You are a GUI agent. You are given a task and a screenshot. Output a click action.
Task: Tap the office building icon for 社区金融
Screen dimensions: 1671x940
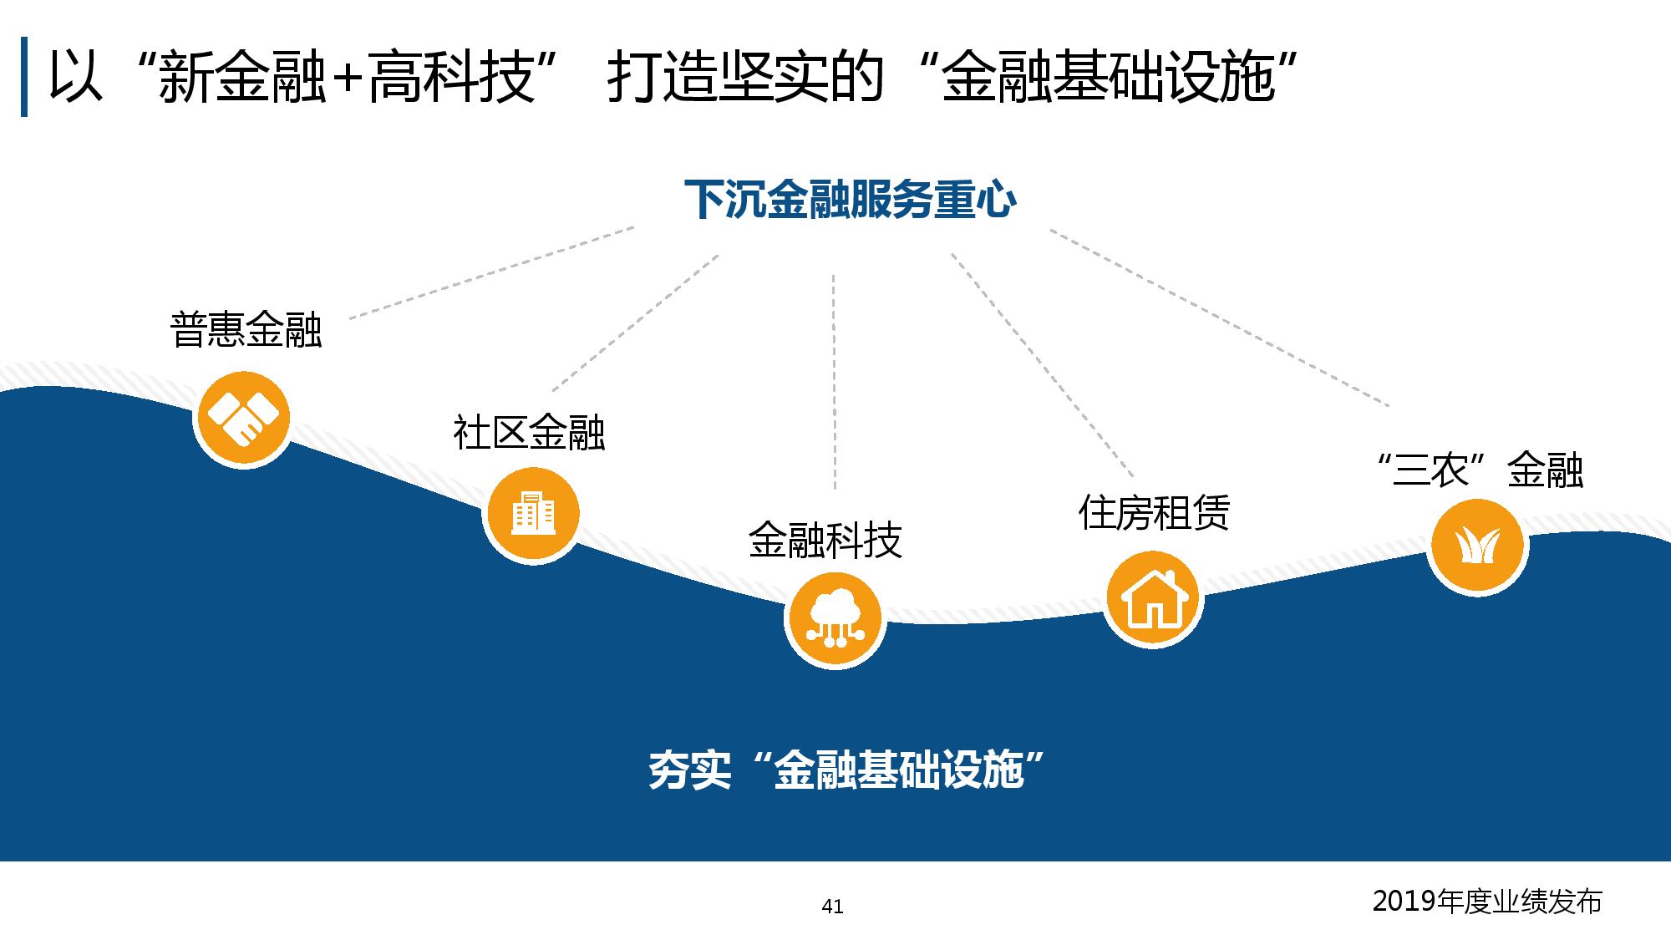(x=532, y=513)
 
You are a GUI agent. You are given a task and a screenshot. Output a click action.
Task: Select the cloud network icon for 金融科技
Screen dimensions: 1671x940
(x=835, y=619)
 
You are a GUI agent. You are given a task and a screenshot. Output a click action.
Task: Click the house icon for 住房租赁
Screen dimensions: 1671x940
(x=1153, y=598)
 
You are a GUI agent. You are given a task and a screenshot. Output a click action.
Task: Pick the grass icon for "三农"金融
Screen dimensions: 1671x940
(x=1477, y=546)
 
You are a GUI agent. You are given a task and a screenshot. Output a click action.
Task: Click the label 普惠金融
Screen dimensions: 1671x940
(x=246, y=329)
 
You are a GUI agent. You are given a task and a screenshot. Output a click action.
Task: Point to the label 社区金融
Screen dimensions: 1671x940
(x=529, y=433)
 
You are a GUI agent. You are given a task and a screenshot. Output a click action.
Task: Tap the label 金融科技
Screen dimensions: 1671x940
(x=825, y=541)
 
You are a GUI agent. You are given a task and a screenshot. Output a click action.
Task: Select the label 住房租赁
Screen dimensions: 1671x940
(x=1154, y=512)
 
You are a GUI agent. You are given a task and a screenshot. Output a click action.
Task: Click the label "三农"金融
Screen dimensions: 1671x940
(x=1479, y=470)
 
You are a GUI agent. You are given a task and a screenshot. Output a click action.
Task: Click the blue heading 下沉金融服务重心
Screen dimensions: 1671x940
(x=850, y=199)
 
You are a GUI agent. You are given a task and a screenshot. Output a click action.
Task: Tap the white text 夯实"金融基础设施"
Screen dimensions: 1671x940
(x=848, y=770)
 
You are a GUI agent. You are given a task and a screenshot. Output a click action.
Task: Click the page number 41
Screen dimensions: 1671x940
(x=833, y=906)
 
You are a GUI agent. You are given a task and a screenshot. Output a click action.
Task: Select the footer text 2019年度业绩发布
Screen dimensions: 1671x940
(x=1487, y=902)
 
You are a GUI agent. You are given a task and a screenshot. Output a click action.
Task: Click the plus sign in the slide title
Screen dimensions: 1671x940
(x=346, y=78)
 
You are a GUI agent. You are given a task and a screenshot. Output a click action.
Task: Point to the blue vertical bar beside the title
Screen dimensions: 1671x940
(x=24, y=77)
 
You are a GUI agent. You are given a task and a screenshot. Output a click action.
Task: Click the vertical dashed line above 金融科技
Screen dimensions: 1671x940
(x=834, y=381)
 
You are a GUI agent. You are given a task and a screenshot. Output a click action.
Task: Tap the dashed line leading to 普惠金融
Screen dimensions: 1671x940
(x=491, y=272)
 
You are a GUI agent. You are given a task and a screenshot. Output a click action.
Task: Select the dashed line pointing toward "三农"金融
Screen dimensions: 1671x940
(x=1220, y=318)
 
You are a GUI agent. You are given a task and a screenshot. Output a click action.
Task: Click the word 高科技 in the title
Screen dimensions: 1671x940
(x=450, y=77)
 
